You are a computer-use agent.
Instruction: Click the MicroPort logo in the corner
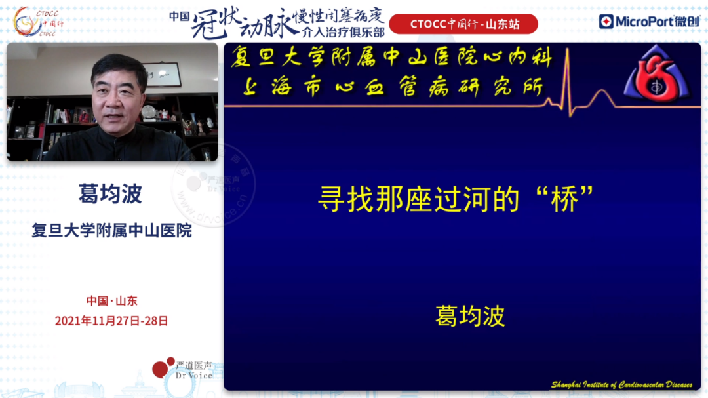tap(648, 22)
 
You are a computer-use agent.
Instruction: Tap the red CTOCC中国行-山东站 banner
tap(463, 24)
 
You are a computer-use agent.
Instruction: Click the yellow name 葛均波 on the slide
tap(470, 316)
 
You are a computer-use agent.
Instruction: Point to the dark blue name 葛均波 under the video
tap(111, 194)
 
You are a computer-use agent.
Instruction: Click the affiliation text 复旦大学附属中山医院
tap(111, 231)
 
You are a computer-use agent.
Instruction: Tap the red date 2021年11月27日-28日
tap(111, 321)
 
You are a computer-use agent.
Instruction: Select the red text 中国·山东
tap(111, 301)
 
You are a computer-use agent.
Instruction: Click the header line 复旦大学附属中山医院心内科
tap(391, 58)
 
